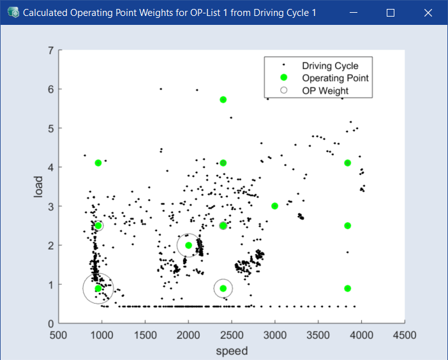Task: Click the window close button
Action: (428, 13)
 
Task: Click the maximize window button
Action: (391, 13)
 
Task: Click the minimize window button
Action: (354, 13)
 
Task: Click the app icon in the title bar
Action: (13, 13)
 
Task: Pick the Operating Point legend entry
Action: (335, 79)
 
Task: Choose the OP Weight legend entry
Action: (325, 91)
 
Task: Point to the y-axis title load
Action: (38, 186)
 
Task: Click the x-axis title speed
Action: (232, 350)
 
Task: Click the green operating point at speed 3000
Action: (275, 206)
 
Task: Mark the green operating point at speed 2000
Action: (188, 245)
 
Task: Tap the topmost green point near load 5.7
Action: (223, 100)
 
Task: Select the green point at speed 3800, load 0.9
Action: (348, 289)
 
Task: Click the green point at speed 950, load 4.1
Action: (98, 163)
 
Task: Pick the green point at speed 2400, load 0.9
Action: (223, 289)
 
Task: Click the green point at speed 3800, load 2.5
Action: (348, 226)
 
